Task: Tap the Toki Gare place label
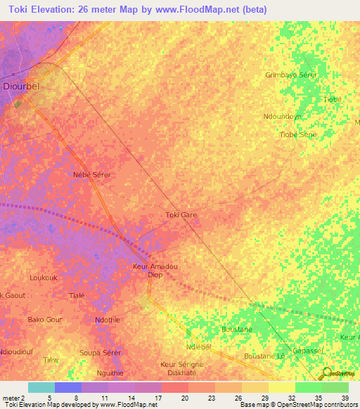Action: [181, 215]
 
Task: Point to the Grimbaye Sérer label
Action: [291, 74]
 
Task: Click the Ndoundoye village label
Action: [282, 117]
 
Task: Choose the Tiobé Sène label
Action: [298, 134]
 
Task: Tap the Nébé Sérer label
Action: [92, 174]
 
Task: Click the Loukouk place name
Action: [44, 278]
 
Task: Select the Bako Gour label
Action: [45, 320]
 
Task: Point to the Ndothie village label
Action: [108, 320]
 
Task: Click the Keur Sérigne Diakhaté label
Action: [181, 369]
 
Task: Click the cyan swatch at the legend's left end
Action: [41, 387]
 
